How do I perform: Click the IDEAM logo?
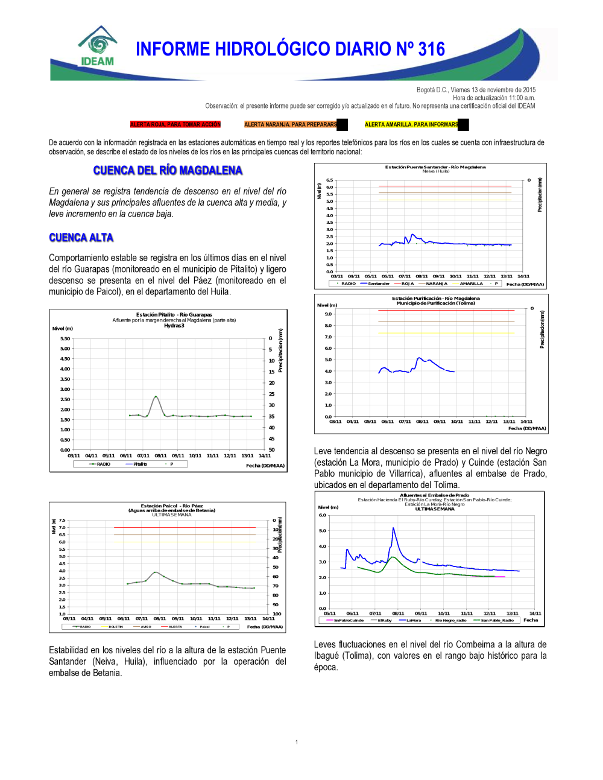coord(97,47)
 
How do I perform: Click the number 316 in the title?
coord(431,49)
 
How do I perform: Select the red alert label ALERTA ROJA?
coord(175,125)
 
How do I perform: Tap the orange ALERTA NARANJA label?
coord(291,125)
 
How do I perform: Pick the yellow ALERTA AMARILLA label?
coord(411,125)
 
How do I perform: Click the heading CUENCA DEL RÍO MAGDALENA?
coord(168,171)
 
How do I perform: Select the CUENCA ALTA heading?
coord(81,238)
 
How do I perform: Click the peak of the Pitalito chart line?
coord(156,396)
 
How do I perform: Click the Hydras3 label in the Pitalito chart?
coord(174,326)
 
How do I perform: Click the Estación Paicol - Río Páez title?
coord(172,506)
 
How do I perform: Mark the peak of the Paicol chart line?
coord(156,572)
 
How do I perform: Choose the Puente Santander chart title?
coord(435,167)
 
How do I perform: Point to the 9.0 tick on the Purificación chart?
coord(328,314)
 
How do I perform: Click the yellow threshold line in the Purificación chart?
coord(446,333)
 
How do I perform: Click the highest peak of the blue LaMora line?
coord(394,528)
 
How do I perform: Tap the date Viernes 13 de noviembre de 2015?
coord(476,90)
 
